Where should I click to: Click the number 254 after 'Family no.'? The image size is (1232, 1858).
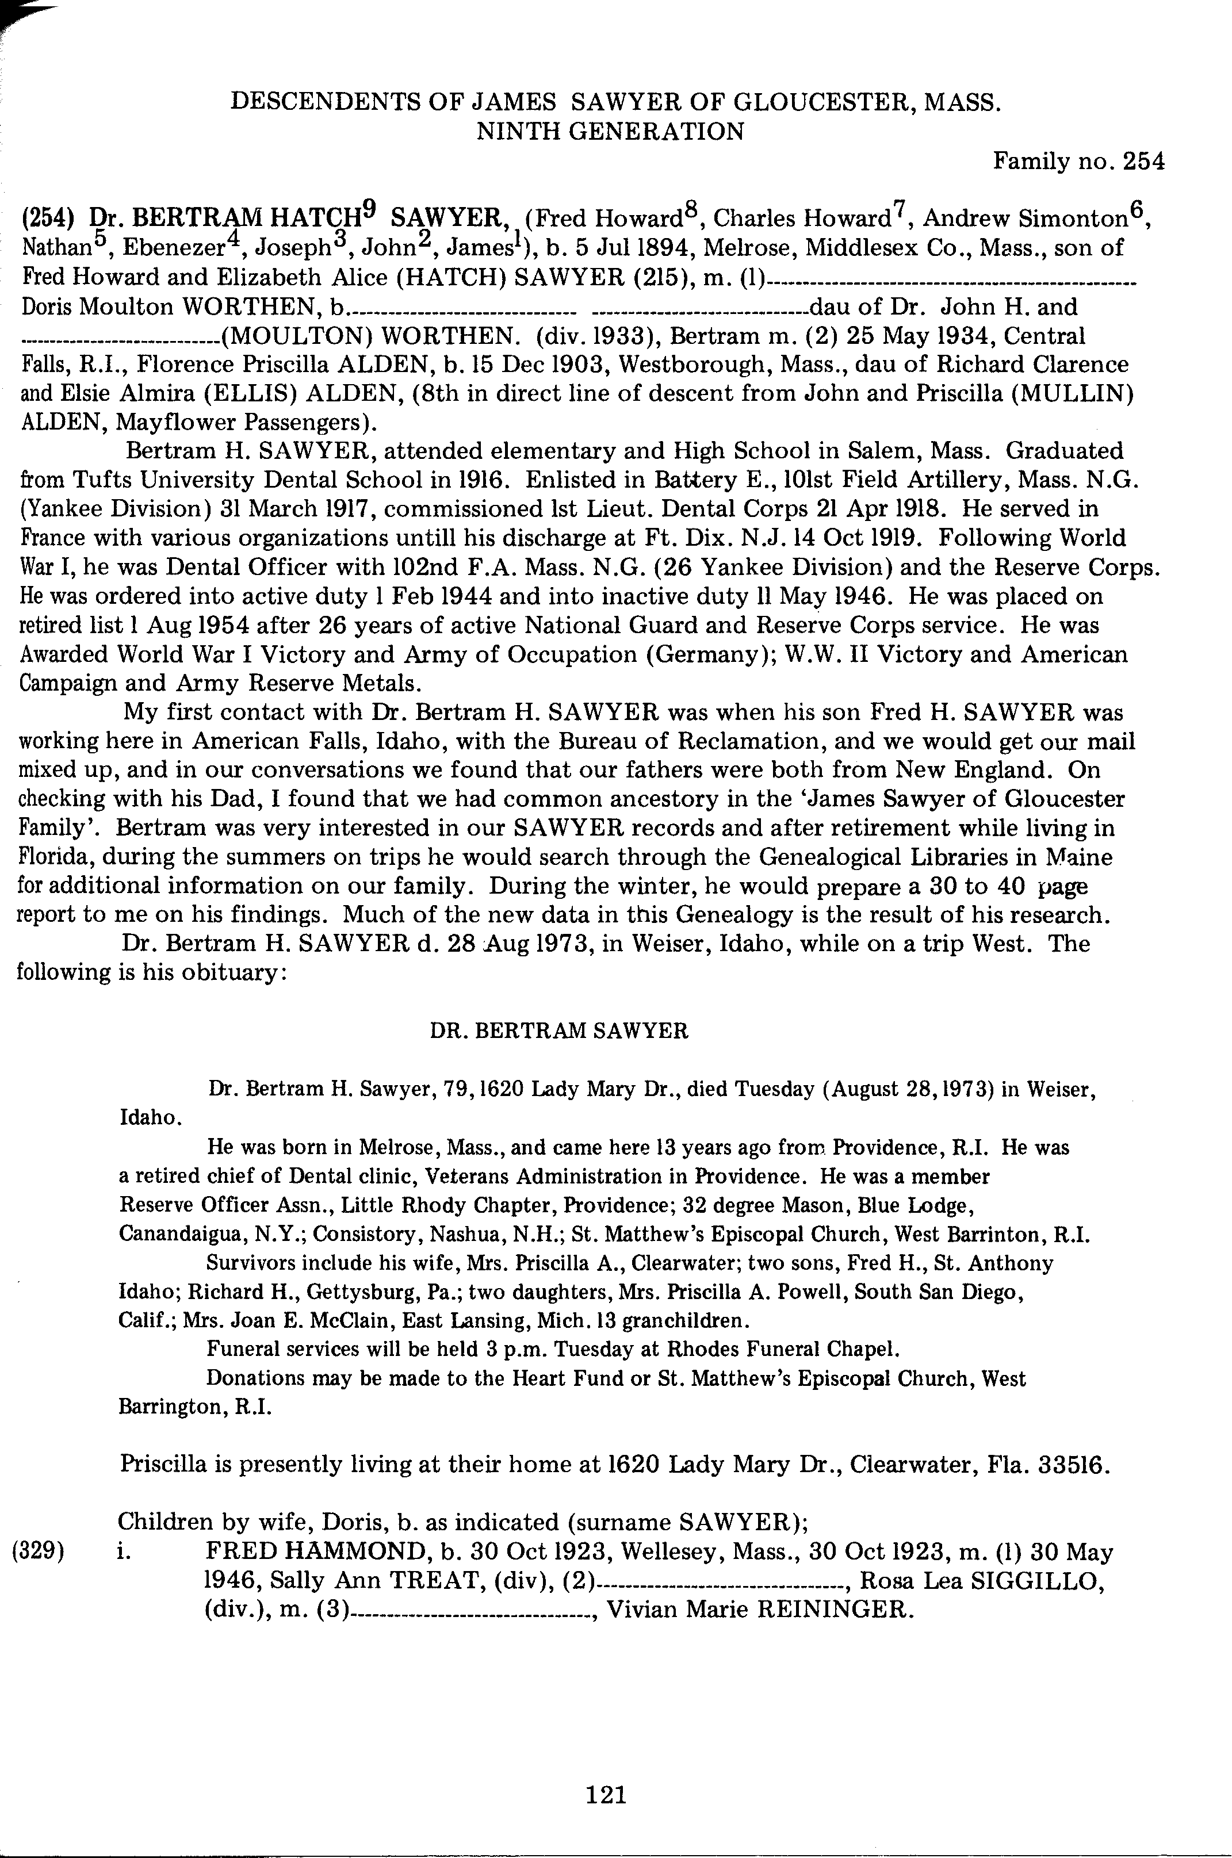(1143, 161)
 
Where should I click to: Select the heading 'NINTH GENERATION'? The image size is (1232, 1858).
(610, 131)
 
